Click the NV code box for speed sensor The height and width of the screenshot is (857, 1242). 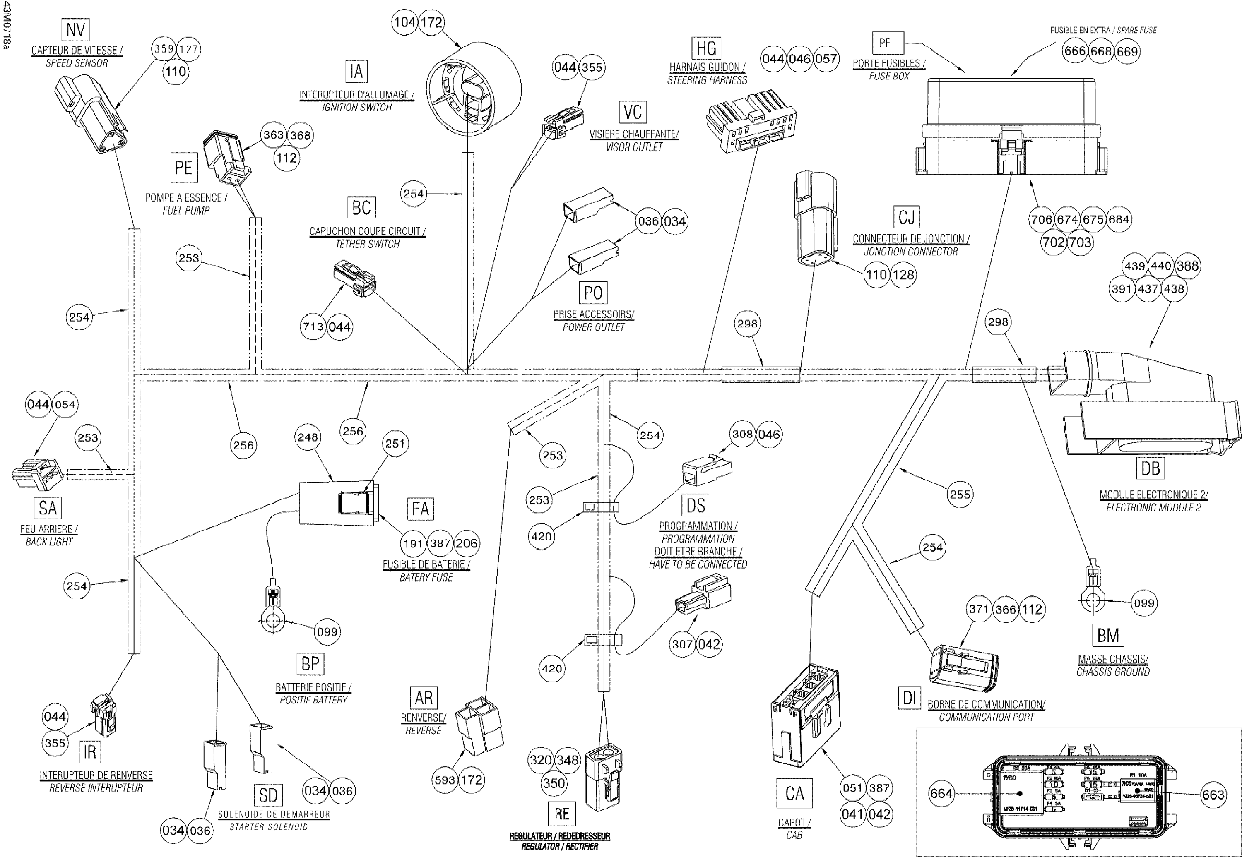coord(75,30)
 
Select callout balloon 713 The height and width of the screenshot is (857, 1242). coord(313,326)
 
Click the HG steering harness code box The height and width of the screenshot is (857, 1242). coord(706,48)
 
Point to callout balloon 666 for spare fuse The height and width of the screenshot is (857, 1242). coord(1075,52)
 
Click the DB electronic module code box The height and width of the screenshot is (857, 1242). coord(1150,468)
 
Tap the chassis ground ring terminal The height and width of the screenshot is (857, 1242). coord(1093,601)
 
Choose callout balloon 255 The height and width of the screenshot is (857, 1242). coord(960,494)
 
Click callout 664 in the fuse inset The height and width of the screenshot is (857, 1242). coord(941,794)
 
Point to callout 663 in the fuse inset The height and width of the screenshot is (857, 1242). coord(1213,795)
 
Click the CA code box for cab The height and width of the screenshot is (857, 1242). coord(794,793)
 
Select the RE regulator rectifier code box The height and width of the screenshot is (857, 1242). coord(561,814)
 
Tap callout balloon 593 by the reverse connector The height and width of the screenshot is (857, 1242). coord(445,780)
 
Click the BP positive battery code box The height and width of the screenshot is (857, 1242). coord(310,664)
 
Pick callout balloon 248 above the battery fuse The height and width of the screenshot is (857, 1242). coord(308,437)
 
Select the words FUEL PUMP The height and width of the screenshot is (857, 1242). coord(186,211)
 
